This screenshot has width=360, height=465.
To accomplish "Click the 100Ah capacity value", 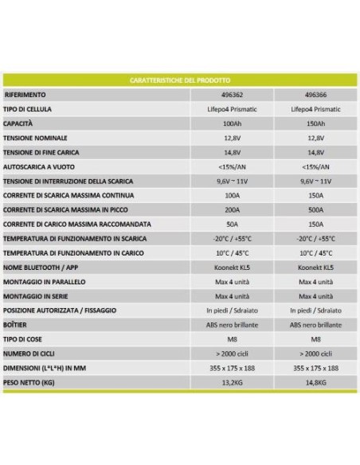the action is pyautogui.click(x=233, y=124).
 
